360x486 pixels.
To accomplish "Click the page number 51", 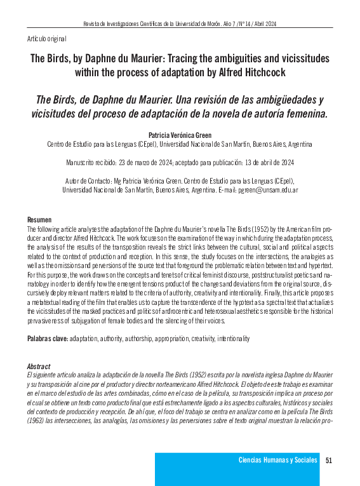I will click(329, 460).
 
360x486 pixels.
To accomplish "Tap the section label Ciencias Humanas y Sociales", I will click(277, 460).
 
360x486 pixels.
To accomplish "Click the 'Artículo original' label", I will click(48, 39).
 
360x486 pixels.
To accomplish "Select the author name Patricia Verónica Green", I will click(180, 135).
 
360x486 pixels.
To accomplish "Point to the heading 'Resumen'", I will click(39, 219).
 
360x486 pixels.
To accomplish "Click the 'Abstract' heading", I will click(39, 367).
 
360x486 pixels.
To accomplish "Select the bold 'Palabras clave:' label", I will click(48, 339).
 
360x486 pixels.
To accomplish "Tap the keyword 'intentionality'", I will click(233, 339).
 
